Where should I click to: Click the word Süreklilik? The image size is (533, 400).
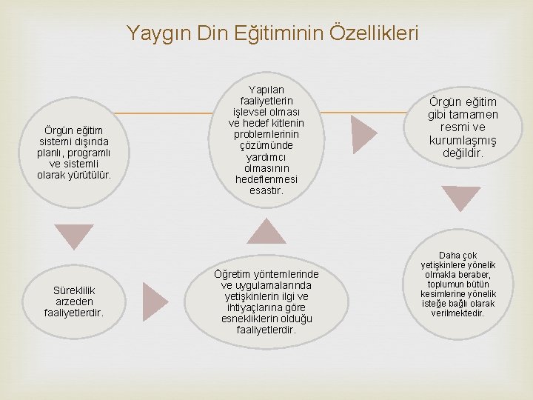click(73, 290)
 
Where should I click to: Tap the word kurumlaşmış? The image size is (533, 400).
click(463, 141)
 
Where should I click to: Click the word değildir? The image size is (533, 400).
click(463, 153)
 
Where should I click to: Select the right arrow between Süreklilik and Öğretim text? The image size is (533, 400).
click(155, 296)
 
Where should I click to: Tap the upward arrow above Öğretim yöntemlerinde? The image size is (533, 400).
click(266, 231)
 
